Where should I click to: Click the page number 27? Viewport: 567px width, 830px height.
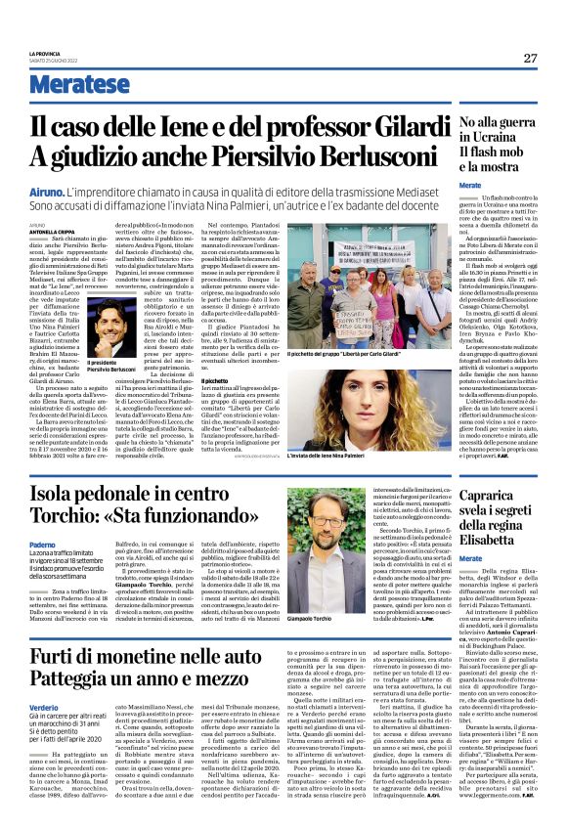[x=530, y=57]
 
